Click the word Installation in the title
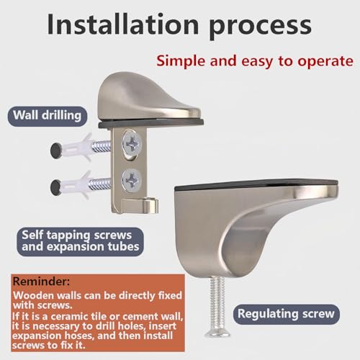123,24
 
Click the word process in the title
260,27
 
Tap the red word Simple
181,61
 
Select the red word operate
325,62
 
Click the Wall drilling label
48,116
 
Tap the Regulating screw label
286,314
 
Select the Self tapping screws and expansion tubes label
81,241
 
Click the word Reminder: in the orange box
41,281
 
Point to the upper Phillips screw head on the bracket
132,143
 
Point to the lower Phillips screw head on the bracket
132,179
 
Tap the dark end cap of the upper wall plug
56,150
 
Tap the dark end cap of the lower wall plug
56,187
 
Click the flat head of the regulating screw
217,333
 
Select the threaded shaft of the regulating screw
217,302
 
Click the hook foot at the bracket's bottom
140,205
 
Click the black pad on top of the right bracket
256,184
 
